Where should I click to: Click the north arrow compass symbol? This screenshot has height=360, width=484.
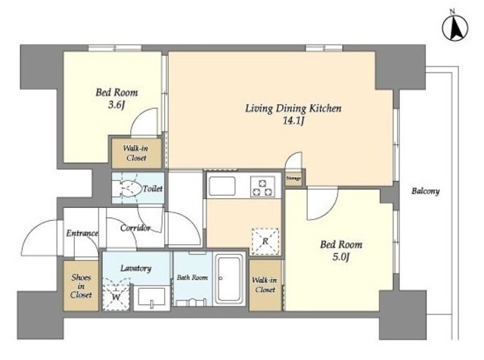click(455, 28)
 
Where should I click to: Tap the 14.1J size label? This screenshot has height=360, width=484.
click(293, 121)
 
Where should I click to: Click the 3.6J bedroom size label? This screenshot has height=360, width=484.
click(116, 105)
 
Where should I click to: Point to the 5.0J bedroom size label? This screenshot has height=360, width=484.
click(341, 257)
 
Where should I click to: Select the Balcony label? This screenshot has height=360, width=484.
click(425, 191)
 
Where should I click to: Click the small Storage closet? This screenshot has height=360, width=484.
click(293, 178)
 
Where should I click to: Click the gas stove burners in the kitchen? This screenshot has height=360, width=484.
click(262, 187)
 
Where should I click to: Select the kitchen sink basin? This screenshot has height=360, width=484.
click(222, 186)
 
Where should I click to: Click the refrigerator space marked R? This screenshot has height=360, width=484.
click(265, 241)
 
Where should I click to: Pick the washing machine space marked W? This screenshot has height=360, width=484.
click(116, 294)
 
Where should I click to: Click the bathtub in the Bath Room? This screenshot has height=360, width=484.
click(228, 279)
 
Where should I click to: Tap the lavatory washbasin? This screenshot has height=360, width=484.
click(151, 297)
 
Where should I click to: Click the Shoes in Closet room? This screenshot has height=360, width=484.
click(81, 286)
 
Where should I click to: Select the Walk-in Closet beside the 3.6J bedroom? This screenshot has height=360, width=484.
click(136, 153)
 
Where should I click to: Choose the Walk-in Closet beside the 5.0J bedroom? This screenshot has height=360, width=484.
click(265, 285)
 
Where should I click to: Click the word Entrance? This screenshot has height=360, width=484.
click(82, 233)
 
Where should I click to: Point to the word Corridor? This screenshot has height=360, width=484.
click(135, 228)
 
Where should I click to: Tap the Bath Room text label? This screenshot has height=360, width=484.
click(192, 278)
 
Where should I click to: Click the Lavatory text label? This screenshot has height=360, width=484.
click(136, 268)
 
